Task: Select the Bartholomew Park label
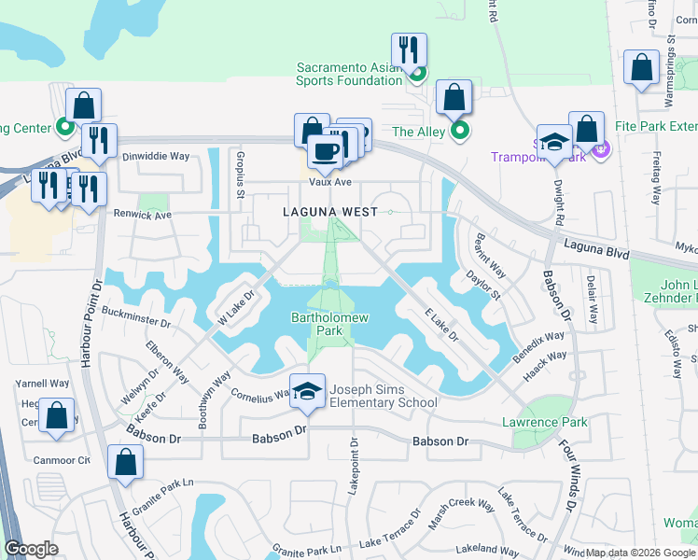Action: (330, 324)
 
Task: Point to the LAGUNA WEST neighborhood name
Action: (331, 212)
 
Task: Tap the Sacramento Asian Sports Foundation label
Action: (349, 74)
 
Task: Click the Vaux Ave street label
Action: (330, 182)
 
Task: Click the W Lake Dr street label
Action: (235, 302)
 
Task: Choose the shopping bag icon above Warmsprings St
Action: (640, 68)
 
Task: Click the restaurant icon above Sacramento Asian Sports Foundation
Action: (409, 50)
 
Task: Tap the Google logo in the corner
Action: (30, 549)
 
